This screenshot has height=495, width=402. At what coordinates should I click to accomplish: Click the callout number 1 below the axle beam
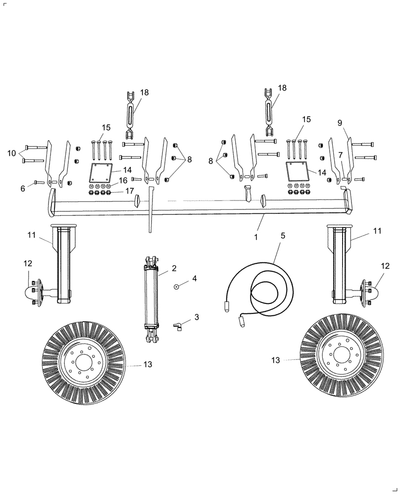[256, 237]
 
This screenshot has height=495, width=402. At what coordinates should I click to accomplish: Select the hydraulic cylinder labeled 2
[151, 297]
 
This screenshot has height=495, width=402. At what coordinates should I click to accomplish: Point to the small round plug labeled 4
[176, 286]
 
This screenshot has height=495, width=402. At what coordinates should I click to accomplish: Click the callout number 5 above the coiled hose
[283, 236]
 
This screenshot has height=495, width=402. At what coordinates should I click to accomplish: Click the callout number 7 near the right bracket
[340, 155]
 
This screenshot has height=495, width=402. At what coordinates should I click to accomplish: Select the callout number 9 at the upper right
[340, 122]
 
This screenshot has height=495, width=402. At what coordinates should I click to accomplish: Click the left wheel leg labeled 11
[64, 265]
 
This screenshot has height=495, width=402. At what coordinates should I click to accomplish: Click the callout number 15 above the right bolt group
[306, 119]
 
